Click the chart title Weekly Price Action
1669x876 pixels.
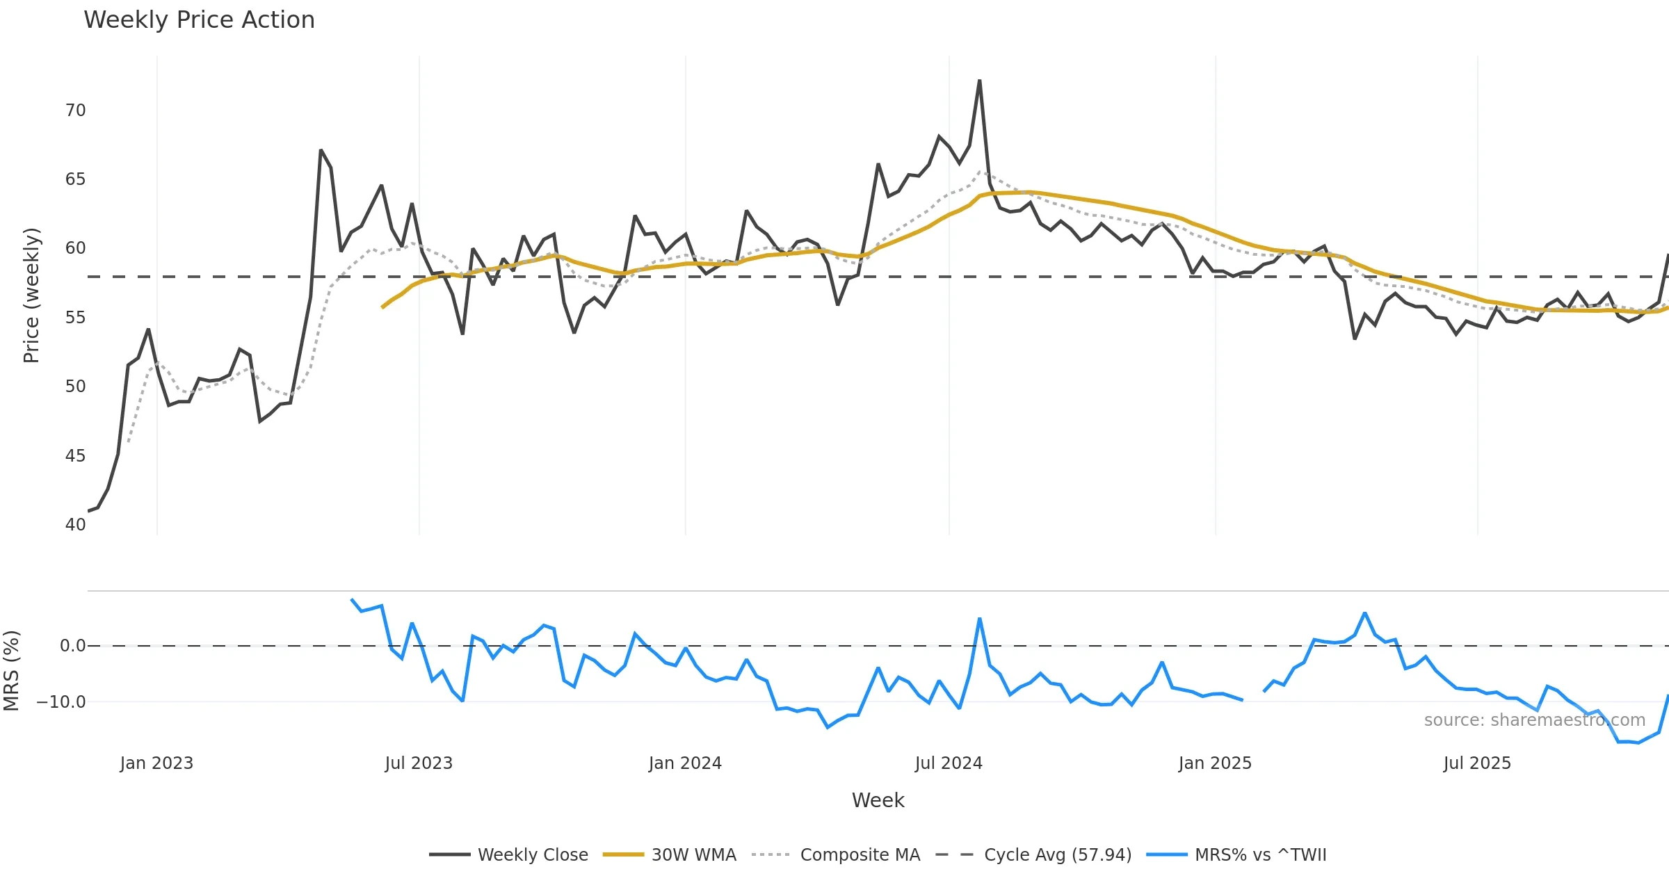(199, 20)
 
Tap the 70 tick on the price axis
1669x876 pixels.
(75, 111)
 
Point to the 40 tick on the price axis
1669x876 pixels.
(75, 525)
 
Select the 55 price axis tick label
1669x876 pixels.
(75, 318)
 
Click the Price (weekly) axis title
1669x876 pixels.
(31, 295)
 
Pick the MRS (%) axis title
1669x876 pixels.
(11, 671)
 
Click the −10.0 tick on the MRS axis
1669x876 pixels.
(61, 702)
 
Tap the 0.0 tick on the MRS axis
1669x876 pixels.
(72, 646)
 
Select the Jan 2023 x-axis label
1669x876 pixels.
(156, 763)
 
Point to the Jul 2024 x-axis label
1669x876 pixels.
(949, 763)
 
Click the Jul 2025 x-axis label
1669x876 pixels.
(1477, 763)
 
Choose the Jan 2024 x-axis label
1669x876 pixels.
(685, 763)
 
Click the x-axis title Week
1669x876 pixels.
(878, 801)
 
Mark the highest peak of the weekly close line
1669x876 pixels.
(979, 81)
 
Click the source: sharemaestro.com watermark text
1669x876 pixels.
(1534, 720)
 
